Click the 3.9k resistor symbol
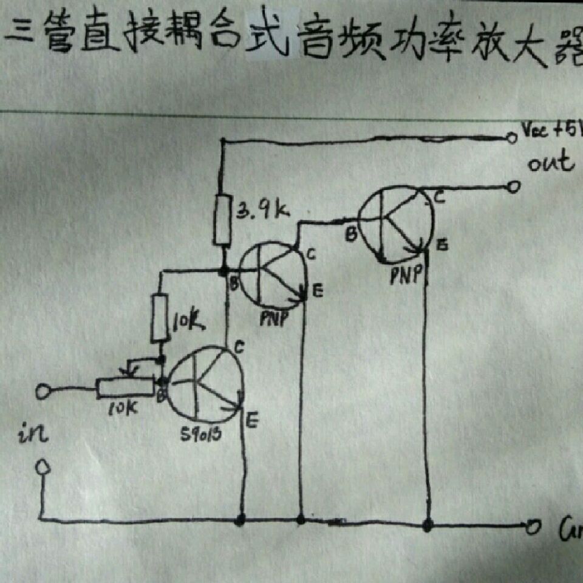click(x=223, y=220)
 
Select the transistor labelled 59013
click(x=205, y=384)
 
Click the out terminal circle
click(x=514, y=186)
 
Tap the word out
click(x=550, y=163)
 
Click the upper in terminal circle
click(x=43, y=391)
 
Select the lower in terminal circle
click(x=43, y=467)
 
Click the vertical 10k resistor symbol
click(x=160, y=316)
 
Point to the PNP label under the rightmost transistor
click(x=405, y=276)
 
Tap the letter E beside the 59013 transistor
click(x=253, y=418)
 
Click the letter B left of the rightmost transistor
click(x=350, y=234)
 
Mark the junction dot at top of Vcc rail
click(x=223, y=141)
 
